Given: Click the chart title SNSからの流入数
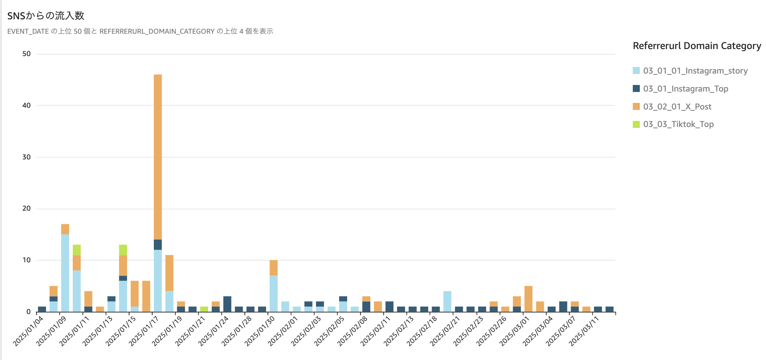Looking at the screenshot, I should tap(46, 16).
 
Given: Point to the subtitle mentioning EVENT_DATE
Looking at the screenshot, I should tap(140, 31).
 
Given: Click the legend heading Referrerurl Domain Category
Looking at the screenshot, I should tap(697, 46).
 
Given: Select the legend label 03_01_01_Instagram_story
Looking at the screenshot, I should tap(695, 71).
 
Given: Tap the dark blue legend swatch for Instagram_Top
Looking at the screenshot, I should tap(636, 88).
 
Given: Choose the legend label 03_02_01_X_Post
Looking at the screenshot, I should tap(677, 106).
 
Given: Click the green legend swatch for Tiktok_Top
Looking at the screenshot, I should tap(636, 124).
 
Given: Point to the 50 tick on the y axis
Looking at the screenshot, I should tap(26, 54).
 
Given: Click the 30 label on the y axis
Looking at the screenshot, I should tap(26, 157).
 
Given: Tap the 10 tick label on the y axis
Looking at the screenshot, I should tap(26, 260).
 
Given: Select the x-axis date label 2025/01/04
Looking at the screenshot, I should tap(29, 331).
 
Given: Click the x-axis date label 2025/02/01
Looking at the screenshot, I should tap(284, 331).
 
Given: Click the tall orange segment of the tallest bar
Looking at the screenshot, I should tap(158, 157).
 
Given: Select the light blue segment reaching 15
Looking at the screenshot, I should tap(65, 273).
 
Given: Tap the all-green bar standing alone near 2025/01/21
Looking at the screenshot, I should tap(204, 309).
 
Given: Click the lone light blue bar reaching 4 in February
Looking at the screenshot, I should tap(447, 301).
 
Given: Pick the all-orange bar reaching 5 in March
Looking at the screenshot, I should tap(528, 299).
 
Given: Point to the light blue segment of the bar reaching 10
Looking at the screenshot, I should tap(273, 293).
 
